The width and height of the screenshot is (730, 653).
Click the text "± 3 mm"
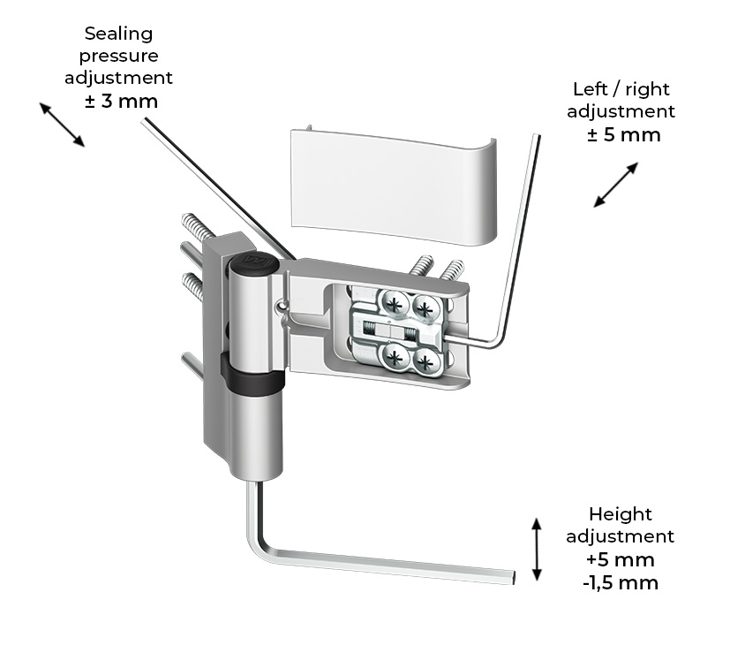pyautogui.click(x=122, y=101)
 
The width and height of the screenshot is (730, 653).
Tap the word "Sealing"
pyautogui.click(x=118, y=34)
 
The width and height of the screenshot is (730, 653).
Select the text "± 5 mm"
pyautogui.click(x=623, y=135)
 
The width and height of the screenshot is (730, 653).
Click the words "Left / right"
pyautogui.click(x=621, y=88)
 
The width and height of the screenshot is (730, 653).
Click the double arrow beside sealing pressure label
pyautogui.click(x=61, y=124)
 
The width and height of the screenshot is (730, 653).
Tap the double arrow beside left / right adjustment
pyautogui.click(x=616, y=184)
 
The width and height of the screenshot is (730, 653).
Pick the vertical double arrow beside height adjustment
pyautogui.click(x=536, y=549)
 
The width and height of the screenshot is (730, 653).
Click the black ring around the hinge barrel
pyautogui.click(x=251, y=379)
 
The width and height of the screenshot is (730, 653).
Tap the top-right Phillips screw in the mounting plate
pyautogui.click(x=425, y=308)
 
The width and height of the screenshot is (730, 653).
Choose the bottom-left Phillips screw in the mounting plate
pyautogui.click(x=394, y=357)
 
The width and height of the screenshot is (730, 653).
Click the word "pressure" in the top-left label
pyautogui.click(x=118, y=56)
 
